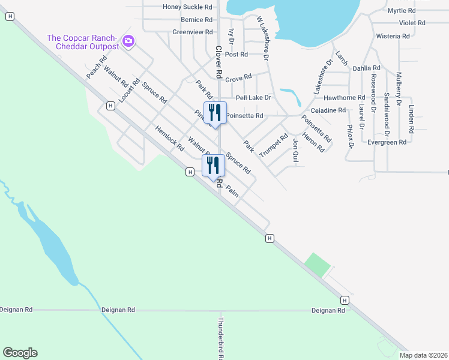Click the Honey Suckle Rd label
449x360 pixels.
pos(188,7)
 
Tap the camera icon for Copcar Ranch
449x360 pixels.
pos(128,41)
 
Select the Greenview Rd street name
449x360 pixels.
pos(192,32)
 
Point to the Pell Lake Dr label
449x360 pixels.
pos(253,97)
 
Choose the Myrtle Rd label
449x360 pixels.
pos(402,11)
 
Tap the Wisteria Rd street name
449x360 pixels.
pos(393,36)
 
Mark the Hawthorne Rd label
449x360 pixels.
pos(344,97)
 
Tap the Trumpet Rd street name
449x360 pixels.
pos(274,145)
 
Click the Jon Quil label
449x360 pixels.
pos(295,151)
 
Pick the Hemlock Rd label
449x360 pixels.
pos(169,138)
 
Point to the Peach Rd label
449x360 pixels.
pos(96,67)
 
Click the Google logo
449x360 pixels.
pos(20,353)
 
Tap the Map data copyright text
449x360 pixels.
pos(424,355)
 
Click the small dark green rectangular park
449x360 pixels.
pos(318,265)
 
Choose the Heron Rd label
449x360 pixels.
pos(309,141)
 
